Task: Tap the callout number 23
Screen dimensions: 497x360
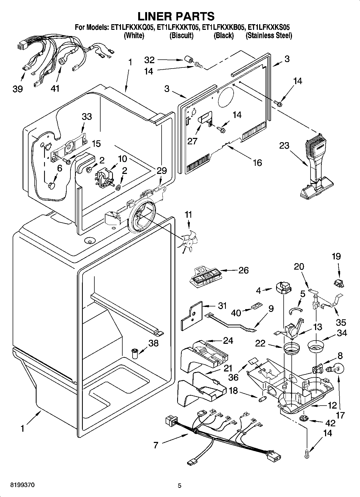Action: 284,145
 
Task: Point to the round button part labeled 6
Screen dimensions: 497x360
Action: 51,185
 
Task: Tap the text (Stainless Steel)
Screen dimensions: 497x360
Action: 269,35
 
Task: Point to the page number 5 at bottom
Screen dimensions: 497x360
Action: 180,485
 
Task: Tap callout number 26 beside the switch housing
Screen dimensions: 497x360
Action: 243,270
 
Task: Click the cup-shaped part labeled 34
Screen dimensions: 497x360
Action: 316,347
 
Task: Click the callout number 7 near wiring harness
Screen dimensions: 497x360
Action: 156,445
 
